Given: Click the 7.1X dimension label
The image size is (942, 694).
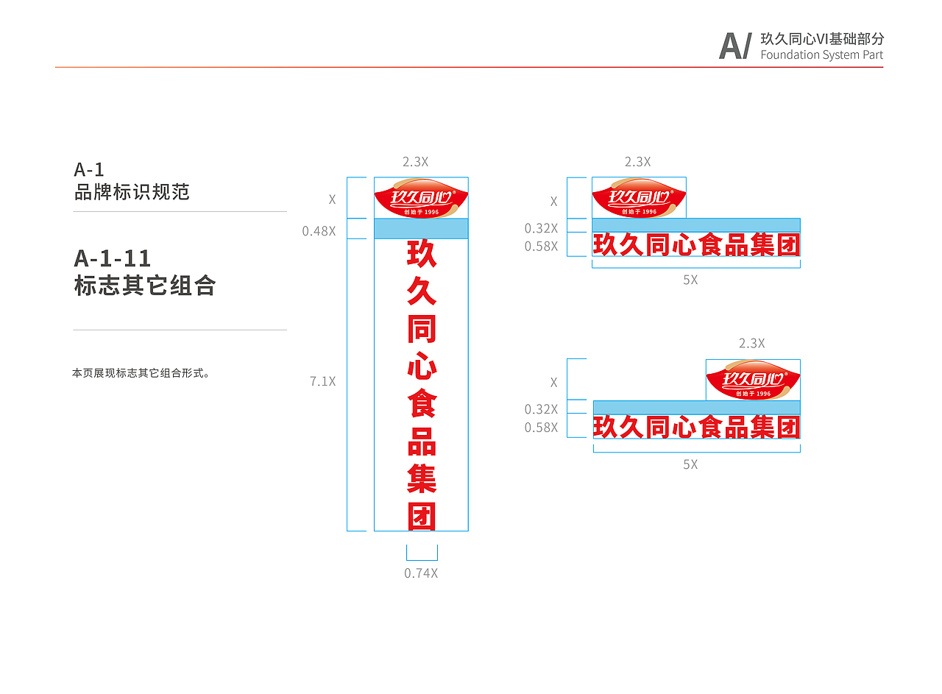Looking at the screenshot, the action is pos(323,382).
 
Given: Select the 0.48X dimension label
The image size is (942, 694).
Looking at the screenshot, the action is pos(319,231).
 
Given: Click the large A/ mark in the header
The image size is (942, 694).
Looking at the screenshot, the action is pos(735,46).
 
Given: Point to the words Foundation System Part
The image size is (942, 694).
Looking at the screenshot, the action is pos(822,55).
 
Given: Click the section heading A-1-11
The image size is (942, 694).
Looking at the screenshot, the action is pos(113,258).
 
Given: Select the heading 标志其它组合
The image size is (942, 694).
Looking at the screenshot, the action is pos(145,286).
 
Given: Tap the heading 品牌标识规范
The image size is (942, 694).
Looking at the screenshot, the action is pos(132,192).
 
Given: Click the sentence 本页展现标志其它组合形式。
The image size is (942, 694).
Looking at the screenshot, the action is pos(141,373).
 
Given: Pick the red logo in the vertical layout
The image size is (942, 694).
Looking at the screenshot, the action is pos(422,198).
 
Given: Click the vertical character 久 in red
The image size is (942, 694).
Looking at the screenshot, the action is pos(422,291).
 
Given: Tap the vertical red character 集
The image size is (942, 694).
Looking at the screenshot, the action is pos(422,479).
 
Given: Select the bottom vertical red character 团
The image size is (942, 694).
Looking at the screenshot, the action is pos(422,517).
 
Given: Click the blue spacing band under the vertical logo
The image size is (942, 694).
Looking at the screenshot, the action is pos(422,229).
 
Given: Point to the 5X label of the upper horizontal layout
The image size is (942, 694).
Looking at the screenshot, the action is pos(690,280).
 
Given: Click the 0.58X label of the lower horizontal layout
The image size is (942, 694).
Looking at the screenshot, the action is pos(541,428).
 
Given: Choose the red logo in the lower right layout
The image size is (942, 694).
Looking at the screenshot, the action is pos(753,380).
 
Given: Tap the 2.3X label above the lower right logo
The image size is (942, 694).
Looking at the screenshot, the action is pos(752,344).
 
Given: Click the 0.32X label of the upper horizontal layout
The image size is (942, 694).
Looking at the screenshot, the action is pos(541,229).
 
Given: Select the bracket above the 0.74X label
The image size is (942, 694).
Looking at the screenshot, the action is pos(422,553).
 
